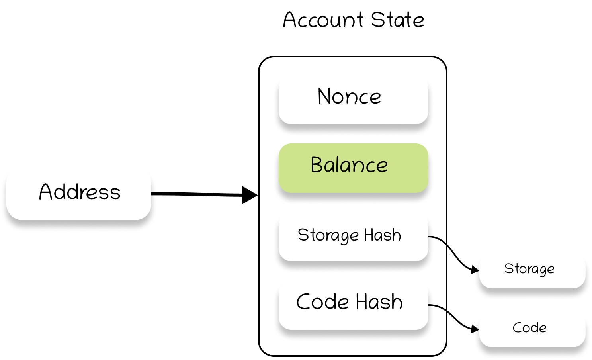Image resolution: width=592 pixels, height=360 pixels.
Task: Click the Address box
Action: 79,195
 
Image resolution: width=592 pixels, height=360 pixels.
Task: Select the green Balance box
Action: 353,168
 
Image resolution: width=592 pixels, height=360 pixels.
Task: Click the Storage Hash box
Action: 353,237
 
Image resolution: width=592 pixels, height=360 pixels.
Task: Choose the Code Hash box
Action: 353,305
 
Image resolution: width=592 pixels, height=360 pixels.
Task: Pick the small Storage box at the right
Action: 532,271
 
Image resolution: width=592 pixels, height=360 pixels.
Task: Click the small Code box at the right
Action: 532,329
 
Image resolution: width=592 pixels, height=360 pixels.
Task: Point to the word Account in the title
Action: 323,20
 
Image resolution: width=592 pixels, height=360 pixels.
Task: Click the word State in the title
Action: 397,20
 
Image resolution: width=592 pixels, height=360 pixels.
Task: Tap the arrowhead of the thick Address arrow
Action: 249,195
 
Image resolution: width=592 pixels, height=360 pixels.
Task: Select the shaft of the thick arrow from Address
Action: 195,194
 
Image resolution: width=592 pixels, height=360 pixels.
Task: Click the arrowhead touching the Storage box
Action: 475,270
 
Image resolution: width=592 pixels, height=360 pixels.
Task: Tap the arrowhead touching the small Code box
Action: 475,329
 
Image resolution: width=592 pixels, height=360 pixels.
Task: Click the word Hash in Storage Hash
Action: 382,235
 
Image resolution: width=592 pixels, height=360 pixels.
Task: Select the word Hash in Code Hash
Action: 379,302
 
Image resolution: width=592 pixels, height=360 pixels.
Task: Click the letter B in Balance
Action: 317,165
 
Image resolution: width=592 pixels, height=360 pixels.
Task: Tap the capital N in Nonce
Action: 324,96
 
